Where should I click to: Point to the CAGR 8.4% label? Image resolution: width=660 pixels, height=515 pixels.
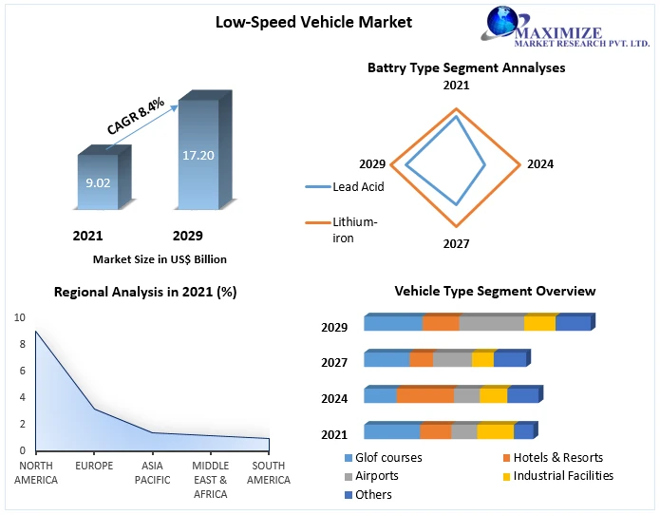click(136, 114)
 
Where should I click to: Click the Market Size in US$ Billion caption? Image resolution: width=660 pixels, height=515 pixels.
click(160, 258)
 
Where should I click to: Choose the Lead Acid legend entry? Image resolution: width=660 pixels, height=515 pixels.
click(358, 187)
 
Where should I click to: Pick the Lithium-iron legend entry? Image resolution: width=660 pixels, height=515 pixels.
click(354, 230)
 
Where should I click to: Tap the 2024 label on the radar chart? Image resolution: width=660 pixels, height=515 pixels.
click(539, 164)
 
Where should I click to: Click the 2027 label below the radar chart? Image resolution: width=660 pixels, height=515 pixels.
click(456, 243)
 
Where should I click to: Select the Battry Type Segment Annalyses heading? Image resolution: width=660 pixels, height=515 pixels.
click(466, 67)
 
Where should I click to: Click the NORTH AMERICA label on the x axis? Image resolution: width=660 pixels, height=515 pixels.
click(36, 472)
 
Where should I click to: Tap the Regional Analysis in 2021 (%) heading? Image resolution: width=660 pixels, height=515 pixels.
click(145, 293)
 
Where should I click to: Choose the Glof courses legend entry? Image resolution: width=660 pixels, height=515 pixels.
click(385, 458)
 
